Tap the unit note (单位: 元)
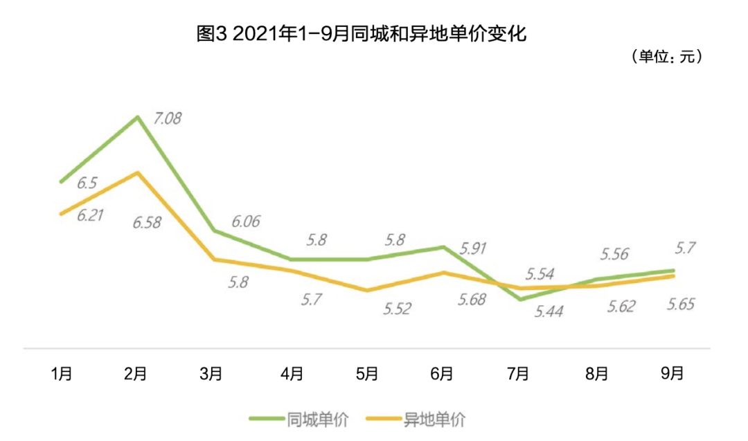click(x=668, y=57)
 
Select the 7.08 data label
click(x=168, y=118)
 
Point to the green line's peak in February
click(x=138, y=116)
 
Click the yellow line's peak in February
click(x=138, y=172)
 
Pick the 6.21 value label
click(x=90, y=215)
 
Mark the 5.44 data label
click(x=548, y=312)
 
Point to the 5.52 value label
click(x=397, y=308)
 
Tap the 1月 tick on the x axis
click(x=62, y=374)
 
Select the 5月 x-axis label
click(x=366, y=374)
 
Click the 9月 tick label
click(x=672, y=374)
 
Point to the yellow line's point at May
click(x=366, y=290)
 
